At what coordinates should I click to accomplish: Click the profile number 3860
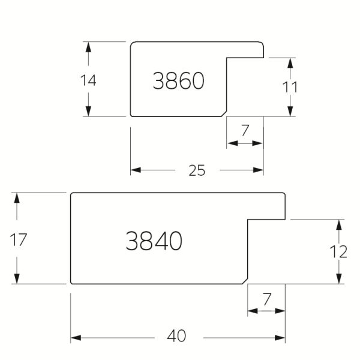click(x=178, y=80)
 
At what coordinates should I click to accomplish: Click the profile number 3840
click(x=154, y=241)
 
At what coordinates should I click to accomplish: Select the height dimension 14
click(x=88, y=80)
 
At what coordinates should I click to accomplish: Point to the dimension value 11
click(x=290, y=87)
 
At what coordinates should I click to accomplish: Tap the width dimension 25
click(x=197, y=170)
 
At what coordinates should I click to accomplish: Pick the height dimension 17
click(x=19, y=240)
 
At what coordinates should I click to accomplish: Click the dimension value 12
click(x=338, y=252)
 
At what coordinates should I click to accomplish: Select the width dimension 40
click(x=176, y=336)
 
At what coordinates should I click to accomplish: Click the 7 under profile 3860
click(x=245, y=130)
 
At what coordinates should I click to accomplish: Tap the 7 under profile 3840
click(x=266, y=299)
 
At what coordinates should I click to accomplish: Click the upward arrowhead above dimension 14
click(x=88, y=47)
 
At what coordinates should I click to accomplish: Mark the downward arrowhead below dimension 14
click(x=88, y=111)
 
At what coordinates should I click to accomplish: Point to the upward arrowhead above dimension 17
click(x=17, y=198)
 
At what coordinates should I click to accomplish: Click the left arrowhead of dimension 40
click(x=76, y=338)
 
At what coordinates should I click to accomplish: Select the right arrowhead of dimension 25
click(x=258, y=170)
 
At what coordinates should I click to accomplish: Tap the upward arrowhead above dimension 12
click(x=339, y=225)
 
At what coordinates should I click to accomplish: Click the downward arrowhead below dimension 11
click(x=290, y=112)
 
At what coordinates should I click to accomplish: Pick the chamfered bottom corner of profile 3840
click(x=245, y=281)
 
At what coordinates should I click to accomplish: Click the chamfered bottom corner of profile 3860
click(x=224, y=114)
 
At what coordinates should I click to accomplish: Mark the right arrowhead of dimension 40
click(x=280, y=338)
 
